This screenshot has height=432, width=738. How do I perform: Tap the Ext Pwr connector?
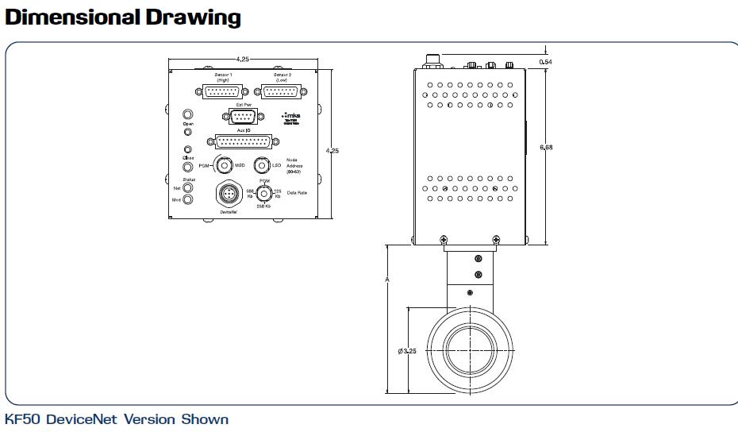[x=239, y=117]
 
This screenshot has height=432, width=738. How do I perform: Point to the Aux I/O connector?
[x=244, y=141]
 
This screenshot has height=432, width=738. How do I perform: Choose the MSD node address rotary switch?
[x=224, y=166]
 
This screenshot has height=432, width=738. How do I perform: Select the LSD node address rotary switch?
[x=263, y=166]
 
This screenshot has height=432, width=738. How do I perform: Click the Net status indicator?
[x=188, y=188]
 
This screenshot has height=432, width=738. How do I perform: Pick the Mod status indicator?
[x=188, y=199]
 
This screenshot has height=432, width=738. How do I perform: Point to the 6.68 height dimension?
[x=546, y=148]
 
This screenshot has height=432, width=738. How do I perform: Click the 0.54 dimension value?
[x=545, y=61]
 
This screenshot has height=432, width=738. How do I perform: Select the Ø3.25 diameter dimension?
[x=407, y=351]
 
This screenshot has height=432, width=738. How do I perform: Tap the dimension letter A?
[x=386, y=280]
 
